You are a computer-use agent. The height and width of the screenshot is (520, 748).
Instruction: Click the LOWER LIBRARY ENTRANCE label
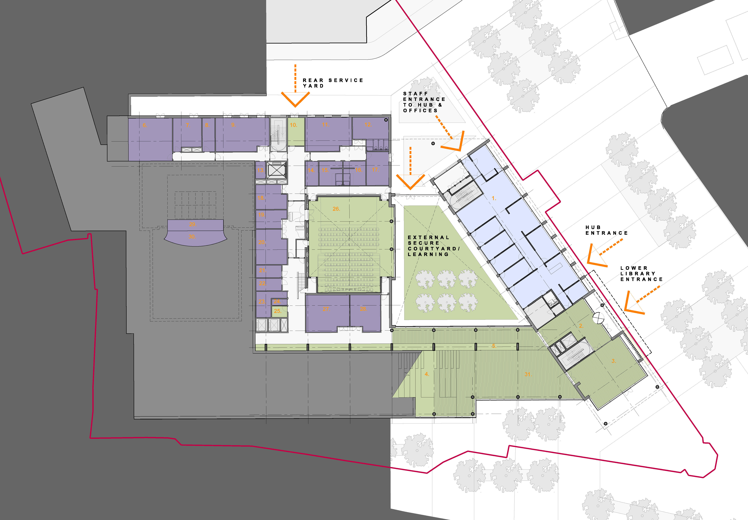tap(641, 274)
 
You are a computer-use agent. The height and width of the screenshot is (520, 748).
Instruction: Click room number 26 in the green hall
tap(336, 209)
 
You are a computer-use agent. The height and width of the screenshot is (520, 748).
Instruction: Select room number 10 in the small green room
tap(293, 125)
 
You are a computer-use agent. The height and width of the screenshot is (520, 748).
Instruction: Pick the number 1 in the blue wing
tap(494, 198)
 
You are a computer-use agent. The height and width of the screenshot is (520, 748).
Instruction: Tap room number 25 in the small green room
tap(277, 311)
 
